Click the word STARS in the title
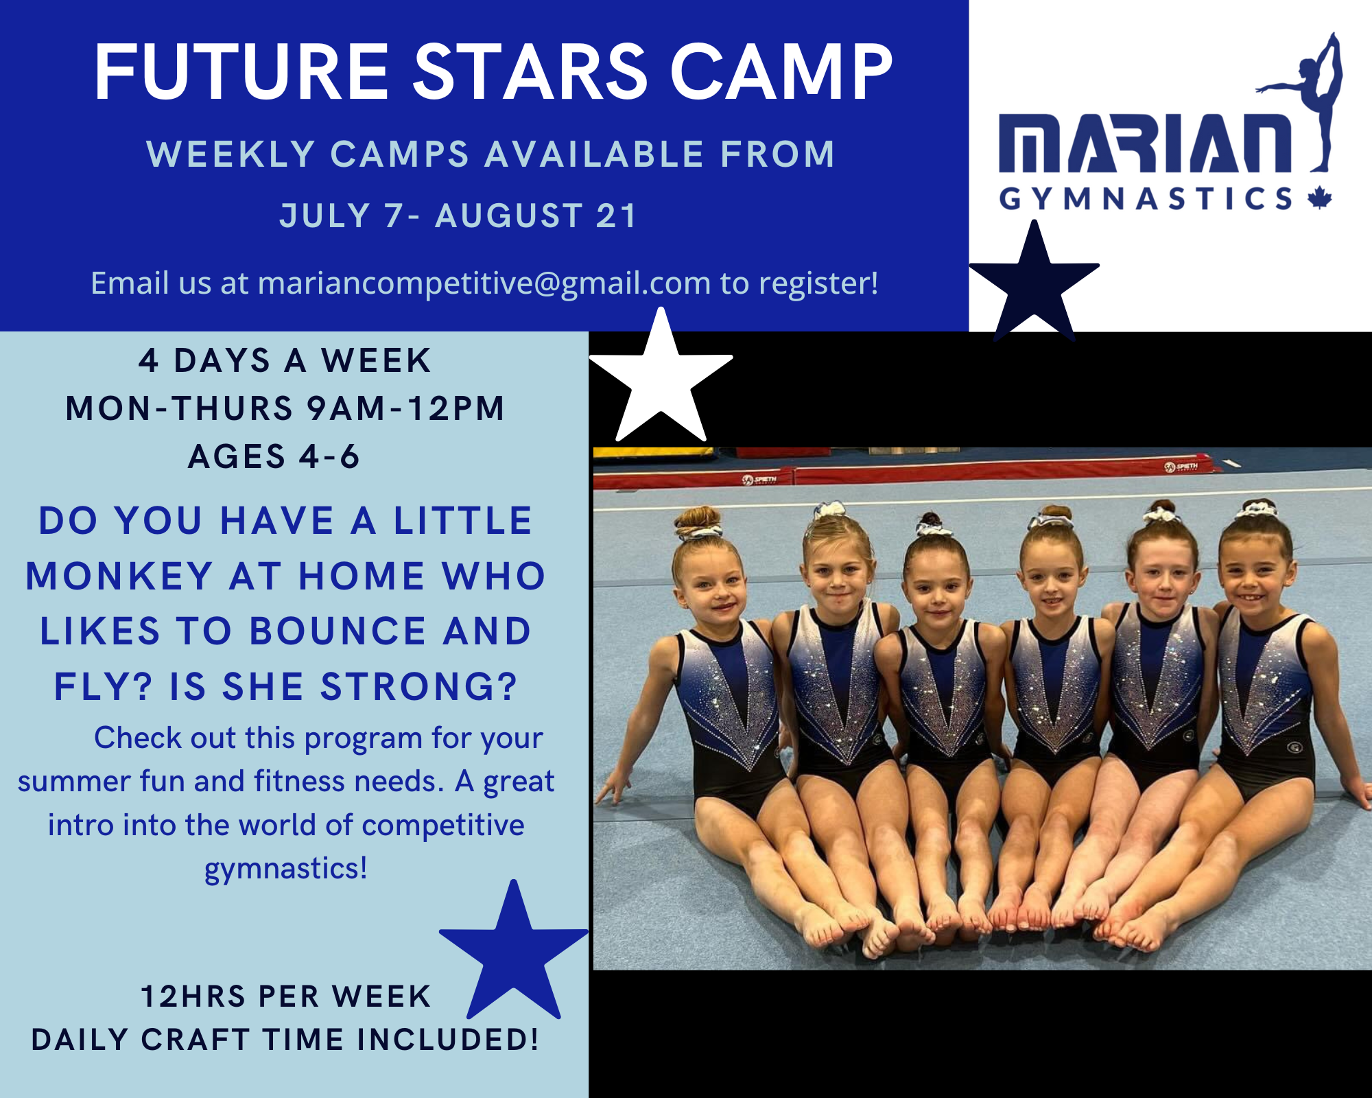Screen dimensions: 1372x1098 coord(531,71)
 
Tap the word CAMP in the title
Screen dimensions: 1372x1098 coord(781,71)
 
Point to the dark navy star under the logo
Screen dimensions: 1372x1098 coord(1034,283)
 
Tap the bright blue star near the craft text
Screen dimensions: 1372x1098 coord(514,950)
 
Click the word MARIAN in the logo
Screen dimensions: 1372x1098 coord(1144,143)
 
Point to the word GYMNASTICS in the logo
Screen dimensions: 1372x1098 coord(1146,199)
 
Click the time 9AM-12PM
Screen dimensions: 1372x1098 coord(405,408)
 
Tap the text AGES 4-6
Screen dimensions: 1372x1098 coord(274,456)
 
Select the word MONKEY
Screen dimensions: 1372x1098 coord(119,576)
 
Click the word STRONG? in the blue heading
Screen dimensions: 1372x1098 coord(418,687)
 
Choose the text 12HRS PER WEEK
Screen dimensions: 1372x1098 coord(286,996)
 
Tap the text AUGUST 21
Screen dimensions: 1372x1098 coord(536,215)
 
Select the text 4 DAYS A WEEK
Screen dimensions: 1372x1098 coord(285,360)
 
